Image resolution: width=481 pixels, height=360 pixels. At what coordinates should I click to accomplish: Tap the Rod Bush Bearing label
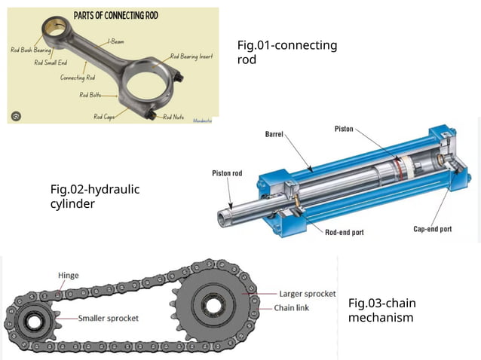click(x=31, y=50)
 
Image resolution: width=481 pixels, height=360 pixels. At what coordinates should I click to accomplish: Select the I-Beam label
click(x=116, y=42)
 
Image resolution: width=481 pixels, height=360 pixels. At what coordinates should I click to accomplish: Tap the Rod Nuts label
click(x=173, y=117)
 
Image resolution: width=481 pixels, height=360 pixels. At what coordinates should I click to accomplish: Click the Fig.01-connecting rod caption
click(x=287, y=53)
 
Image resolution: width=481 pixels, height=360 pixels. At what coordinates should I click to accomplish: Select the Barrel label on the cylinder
click(x=274, y=135)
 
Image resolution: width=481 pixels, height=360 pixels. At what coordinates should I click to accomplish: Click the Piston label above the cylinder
click(x=344, y=130)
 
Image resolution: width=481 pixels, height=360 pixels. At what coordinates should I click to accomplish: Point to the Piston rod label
click(x=227, y=173)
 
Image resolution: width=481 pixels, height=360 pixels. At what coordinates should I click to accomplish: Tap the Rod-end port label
click(x=344, y=232)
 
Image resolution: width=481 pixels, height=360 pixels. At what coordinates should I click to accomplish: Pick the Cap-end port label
click(x=433, y=229)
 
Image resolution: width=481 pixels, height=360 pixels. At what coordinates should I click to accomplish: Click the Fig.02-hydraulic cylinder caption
click(x=95, y=196)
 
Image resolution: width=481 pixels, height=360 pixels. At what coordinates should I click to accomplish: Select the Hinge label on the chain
click(x=68, y=276)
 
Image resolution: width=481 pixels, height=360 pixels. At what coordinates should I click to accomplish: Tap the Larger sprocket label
click(x=308, y=294)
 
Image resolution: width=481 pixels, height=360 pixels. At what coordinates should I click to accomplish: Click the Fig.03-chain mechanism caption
click(x=381, y=310)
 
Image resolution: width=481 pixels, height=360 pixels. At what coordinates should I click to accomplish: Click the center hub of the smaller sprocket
click(x=33, y=321)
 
